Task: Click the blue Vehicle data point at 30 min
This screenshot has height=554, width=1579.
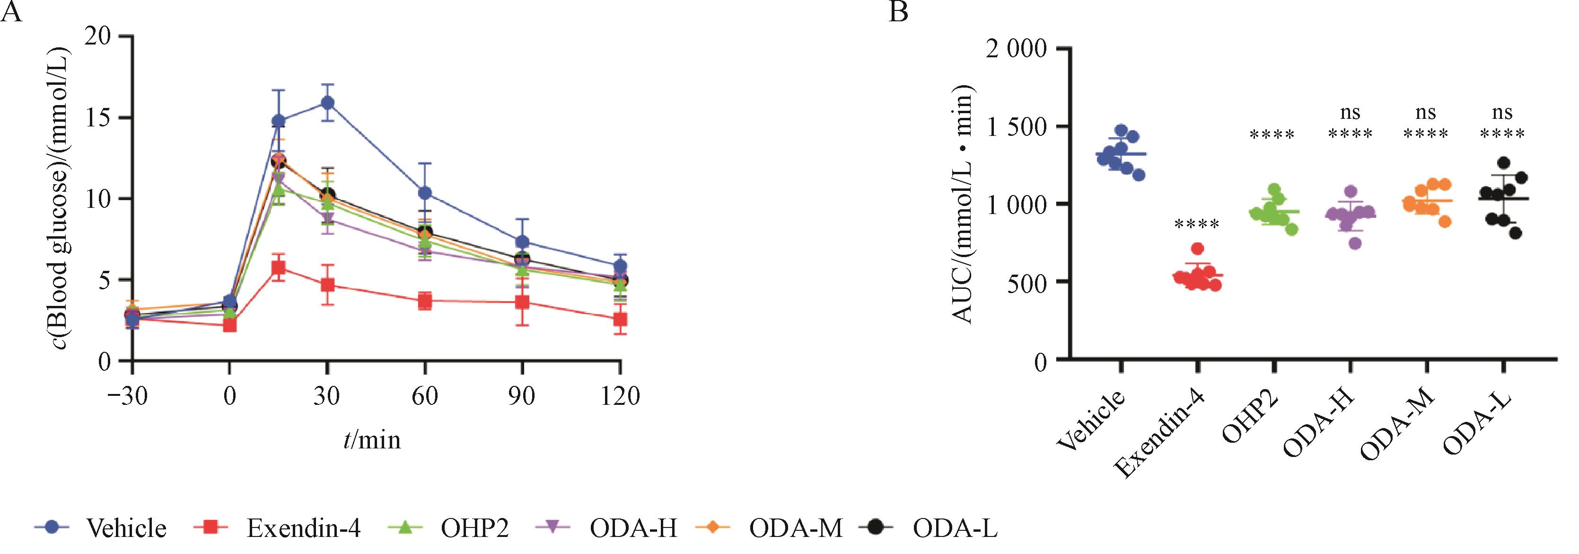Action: pos(327,102)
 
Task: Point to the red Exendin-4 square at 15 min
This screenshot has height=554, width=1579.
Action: pos(278,268)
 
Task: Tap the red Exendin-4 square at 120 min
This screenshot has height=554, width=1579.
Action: pos(620,320)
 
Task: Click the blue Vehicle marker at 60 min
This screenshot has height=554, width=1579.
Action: pos(425,193)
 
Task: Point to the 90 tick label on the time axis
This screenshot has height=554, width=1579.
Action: pos(522,396)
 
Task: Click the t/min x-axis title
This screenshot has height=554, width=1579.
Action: pos(372,440)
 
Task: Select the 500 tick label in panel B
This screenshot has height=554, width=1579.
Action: pos(1025,282)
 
